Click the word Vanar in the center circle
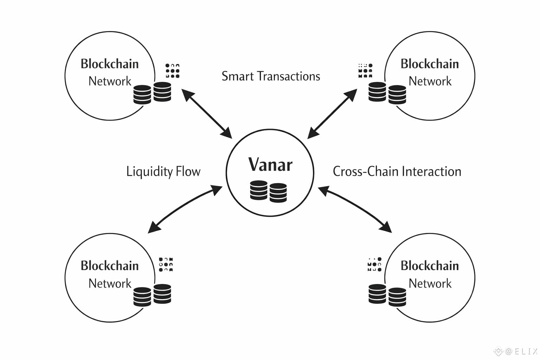point(270,165)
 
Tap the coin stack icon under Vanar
point(268,191)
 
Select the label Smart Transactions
point(271,76)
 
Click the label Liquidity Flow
point(163,172)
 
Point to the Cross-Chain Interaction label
point(397,172)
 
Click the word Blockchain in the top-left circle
point(110,64)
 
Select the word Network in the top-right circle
point(430,81)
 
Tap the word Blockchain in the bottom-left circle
point(110,265)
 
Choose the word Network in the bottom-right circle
point(430,283)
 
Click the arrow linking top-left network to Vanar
point(207,113)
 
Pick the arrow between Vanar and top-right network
point(332,113)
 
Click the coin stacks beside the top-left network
point(152,93)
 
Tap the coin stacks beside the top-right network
point(387,93)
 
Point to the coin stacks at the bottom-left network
point(152,295)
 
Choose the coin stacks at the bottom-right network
point(387,295)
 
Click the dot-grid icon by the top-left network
point(172,71)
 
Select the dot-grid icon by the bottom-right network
point(374,264)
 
